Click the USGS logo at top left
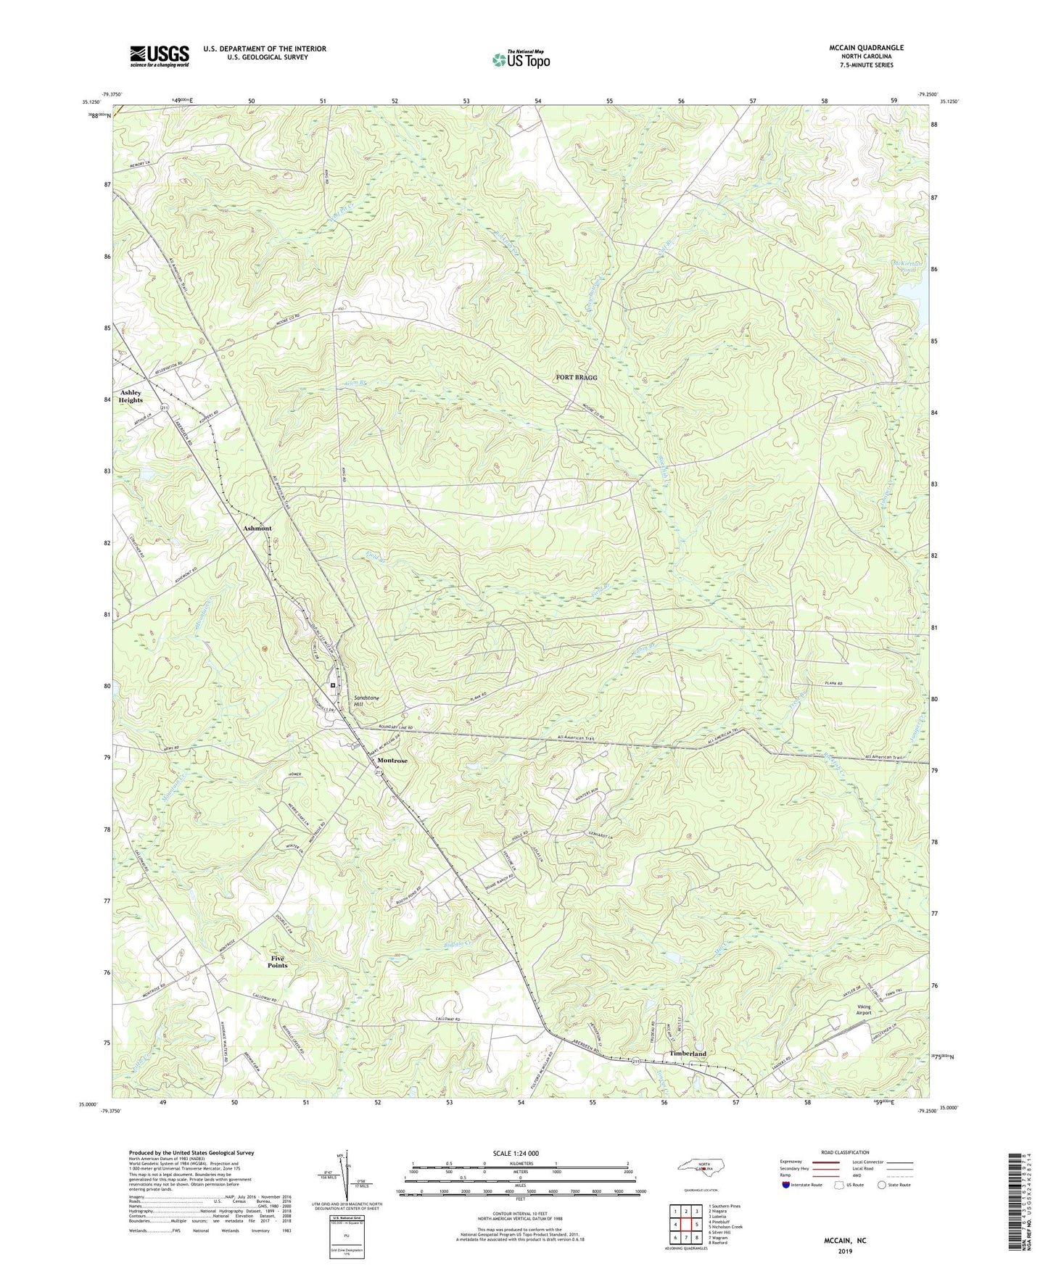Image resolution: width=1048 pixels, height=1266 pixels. pyautogui.click(x=160, y=56)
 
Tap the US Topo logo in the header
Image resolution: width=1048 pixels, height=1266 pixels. pyautogui.click(x=521, y=59)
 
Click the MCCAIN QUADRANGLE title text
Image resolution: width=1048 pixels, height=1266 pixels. pyautogui.click(x=866, y=48)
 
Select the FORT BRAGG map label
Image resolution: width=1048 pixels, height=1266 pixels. pyautogui.click(x=577, y=378)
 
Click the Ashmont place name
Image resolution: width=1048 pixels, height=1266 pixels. pyautogui.click(x=257, y=529)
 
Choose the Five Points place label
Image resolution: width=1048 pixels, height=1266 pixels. pyautogui.click(x=277, y=961)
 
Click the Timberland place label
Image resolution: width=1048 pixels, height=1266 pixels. pyautogui.click(x=688, y=1054)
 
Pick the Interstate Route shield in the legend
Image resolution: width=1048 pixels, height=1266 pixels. pyautogui.click(x=787, y=1185)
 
